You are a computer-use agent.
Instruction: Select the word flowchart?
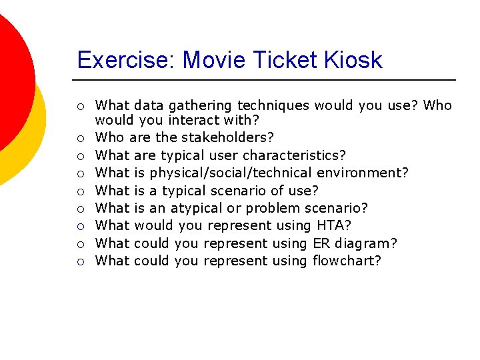(x=347, y=261)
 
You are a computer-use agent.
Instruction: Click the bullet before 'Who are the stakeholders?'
(x=79, y=138)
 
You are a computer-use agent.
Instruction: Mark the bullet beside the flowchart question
(x=79, y=261)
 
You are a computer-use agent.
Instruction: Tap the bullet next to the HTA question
(x=79, y=226)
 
